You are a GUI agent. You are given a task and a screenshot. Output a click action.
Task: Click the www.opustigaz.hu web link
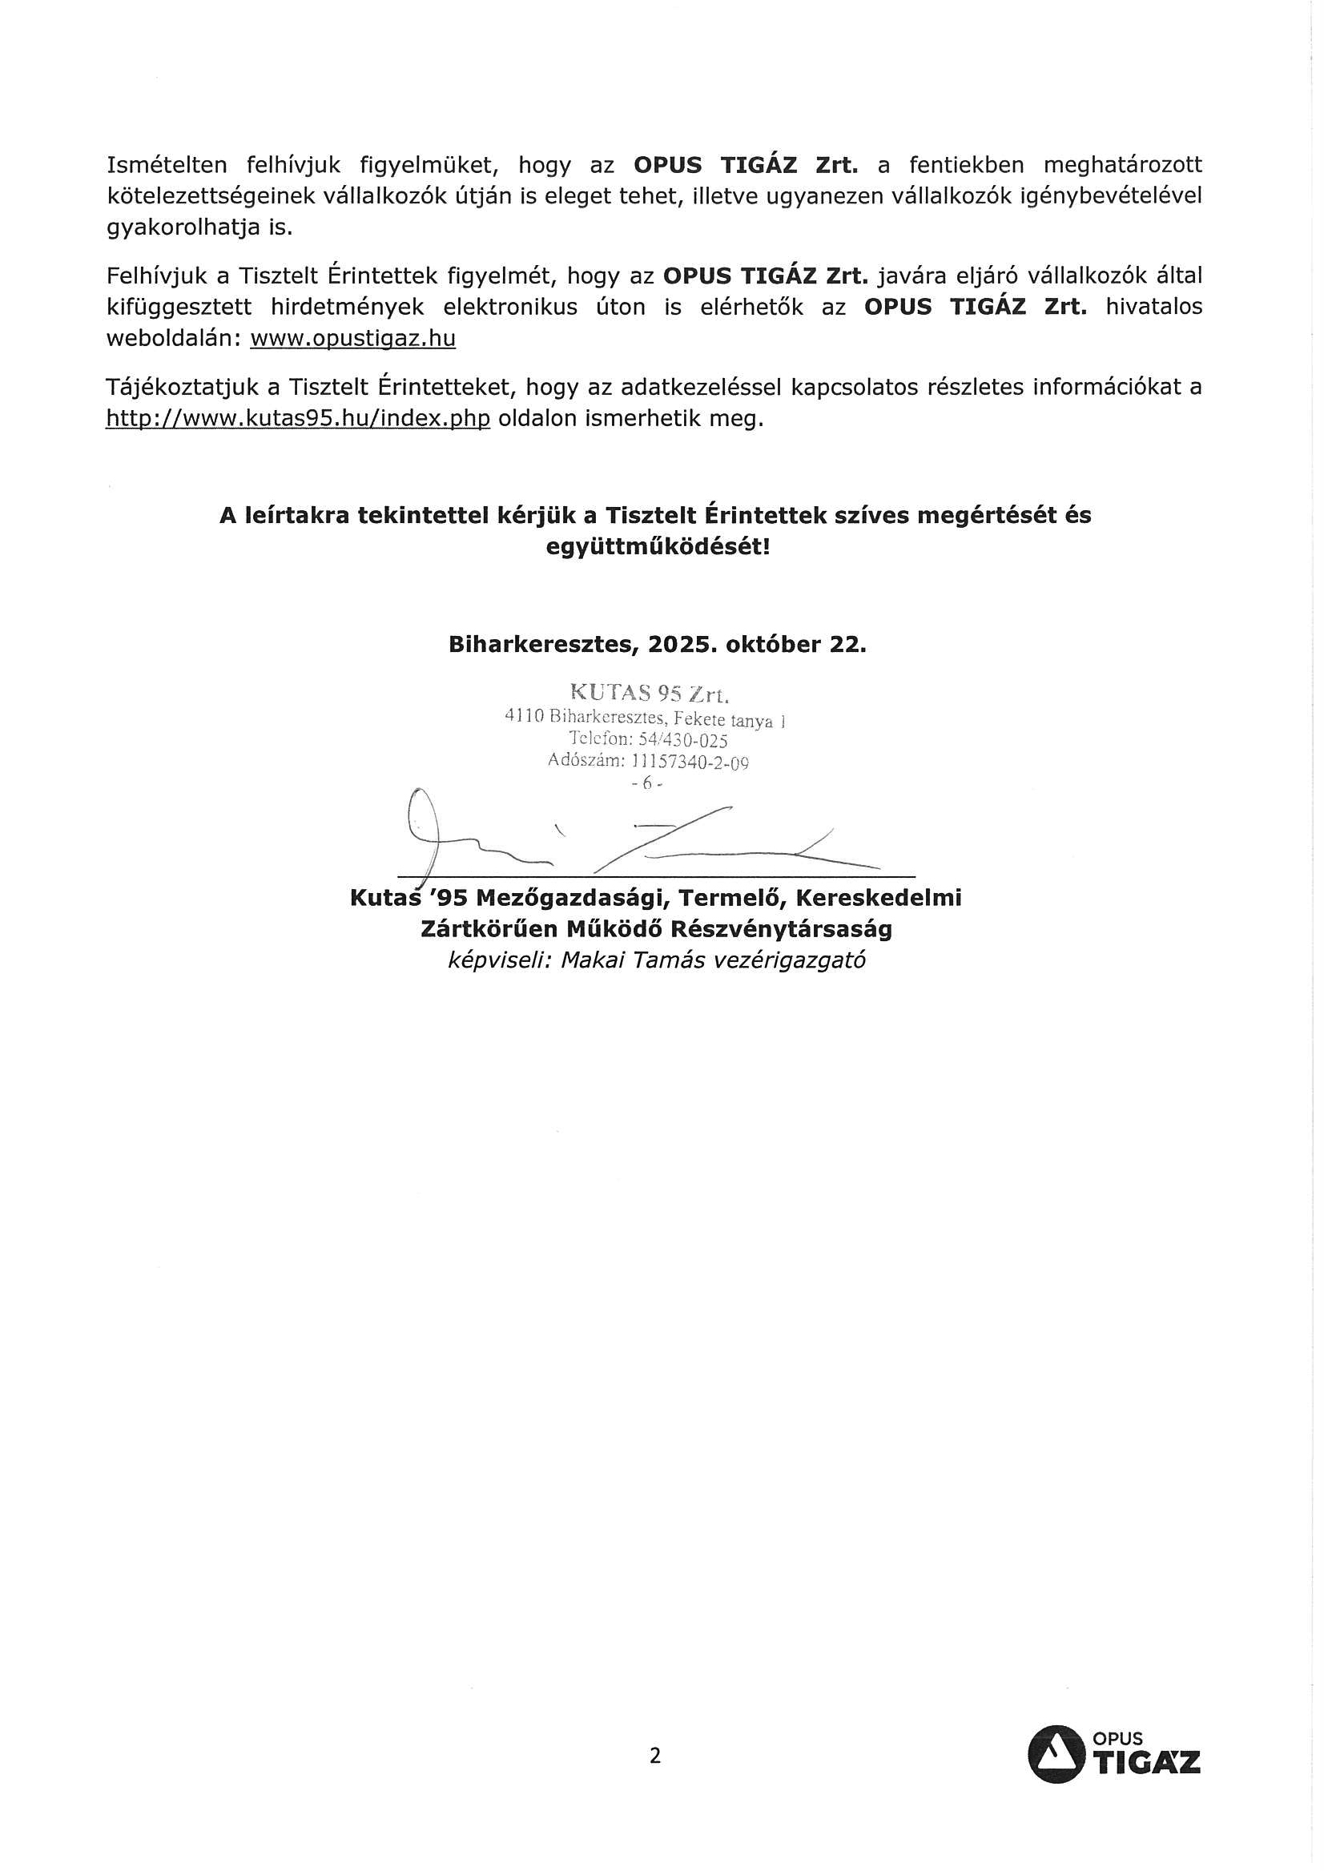point(352,338)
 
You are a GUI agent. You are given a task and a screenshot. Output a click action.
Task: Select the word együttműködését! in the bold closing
point(657,546)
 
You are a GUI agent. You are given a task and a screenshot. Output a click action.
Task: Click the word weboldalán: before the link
point(173,338)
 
